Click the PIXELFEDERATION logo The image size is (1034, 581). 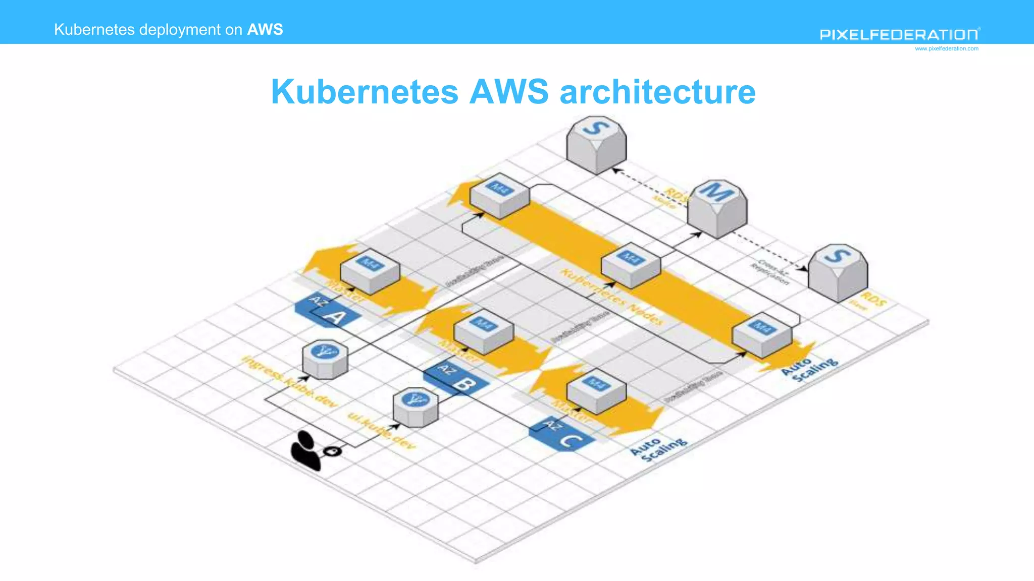point(899,34)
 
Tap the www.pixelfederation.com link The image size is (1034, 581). point(946,49)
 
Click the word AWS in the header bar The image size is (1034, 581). point(265,29)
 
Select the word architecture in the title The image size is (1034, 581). point(657,92)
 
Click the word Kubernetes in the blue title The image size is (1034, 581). point(365,92)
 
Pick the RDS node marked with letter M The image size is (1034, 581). point(717,208)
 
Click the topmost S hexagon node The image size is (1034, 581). point(596,145)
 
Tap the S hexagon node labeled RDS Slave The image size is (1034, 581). point(838,273)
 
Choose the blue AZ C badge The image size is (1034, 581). point(562,434)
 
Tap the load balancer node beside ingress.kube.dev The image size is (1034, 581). point(325,359)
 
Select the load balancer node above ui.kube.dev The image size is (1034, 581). point(416,407)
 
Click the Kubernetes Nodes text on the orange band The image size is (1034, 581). point(612,297)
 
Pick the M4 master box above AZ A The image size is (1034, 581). point(370,271)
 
